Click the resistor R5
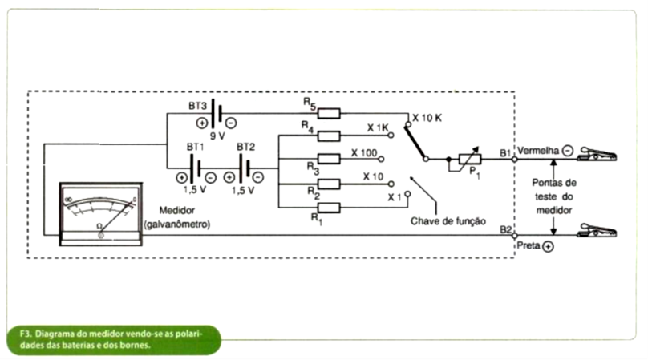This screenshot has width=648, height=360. point(329,114)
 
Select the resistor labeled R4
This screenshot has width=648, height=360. point(329,136)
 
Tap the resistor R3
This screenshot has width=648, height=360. point(329,158)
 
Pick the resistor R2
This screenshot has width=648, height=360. point(329,183)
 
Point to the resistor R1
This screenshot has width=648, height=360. point(329,207)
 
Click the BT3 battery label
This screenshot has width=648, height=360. point(197,105)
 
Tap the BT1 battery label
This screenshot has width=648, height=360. point(196,148)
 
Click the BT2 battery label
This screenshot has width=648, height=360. point(245,148)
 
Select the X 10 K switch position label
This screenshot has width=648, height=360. point(427,118)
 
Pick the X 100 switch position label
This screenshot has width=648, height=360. point(365,152)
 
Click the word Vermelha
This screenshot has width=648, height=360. point(537,151)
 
